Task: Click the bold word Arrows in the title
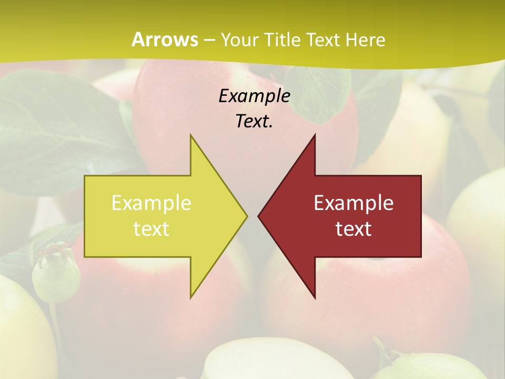[x=164, y=39]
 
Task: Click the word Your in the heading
[x=239, y=39]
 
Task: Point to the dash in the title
[x=209, y=40]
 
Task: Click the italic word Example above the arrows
[x=254, y=96]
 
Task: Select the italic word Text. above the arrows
[x=254, y=121]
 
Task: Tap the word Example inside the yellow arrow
[x=151, y=203]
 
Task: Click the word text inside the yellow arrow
[x=151, y=229]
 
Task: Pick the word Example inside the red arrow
[x=353, y=203]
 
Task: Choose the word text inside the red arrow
[x=353, y=229]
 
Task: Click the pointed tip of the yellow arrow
[x=247, y=216]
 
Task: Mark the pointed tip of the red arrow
[x=258, y=216]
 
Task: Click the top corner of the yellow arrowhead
[x=191, y=135]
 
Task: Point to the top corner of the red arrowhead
[x=315, y=135]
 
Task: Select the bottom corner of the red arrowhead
[x=315, y=298]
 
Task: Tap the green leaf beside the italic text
[x=318, y=92]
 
